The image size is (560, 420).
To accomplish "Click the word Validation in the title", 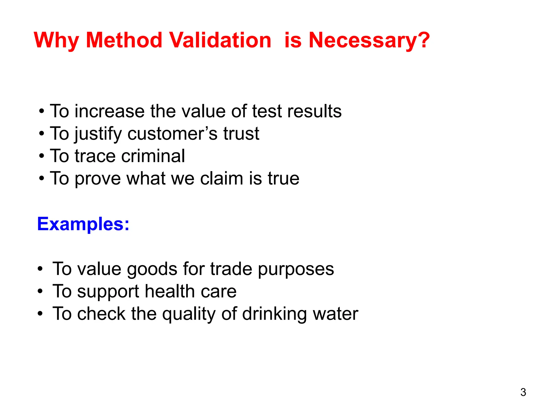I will [220, 40].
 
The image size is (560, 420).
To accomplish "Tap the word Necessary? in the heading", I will [369, 40].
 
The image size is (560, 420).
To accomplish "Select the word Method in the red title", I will [124, 40].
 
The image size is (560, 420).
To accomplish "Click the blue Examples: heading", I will [83, 224].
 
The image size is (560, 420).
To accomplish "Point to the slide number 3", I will [523, 392].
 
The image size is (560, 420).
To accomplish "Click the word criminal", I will [153, 156].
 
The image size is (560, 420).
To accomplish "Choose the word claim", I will [221, 178].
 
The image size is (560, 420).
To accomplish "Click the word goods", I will [152, 269].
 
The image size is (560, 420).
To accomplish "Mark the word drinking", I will [274, 314].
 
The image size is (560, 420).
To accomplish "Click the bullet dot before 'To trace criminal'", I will [41, 156].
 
